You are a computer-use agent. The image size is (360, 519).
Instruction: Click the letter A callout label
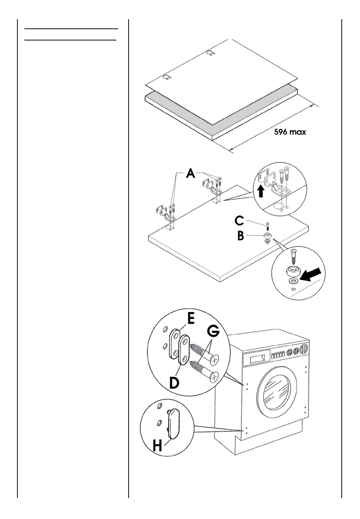tap(190, 174)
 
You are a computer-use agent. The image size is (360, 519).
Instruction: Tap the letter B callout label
tap(240, 236)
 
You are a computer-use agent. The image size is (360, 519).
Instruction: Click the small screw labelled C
tap(268, 227)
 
